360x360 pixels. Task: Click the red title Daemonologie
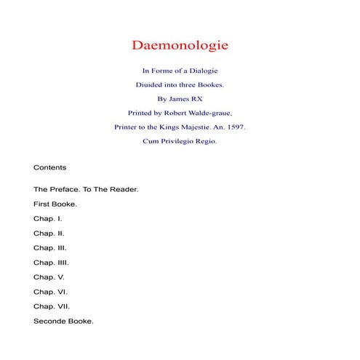pyautogui.click(x=180, y=45)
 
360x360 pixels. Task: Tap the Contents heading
pyautogui.click(x=50, y=167)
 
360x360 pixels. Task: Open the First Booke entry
pyautogui.click(x=55, y=204)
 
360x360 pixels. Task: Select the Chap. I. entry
pyautogui.click(x=48, y=218)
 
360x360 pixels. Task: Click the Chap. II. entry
pyautogui.click(x=49, y=233)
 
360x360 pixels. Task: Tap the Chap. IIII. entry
pyautogui.click(x=51, y=262)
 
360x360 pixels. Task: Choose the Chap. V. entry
pyautogui.click(x=49, y=276)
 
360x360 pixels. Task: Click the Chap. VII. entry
pyautogui.click(x=52, y=306)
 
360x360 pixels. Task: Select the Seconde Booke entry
pyautogui.click(x=63, y=321)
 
